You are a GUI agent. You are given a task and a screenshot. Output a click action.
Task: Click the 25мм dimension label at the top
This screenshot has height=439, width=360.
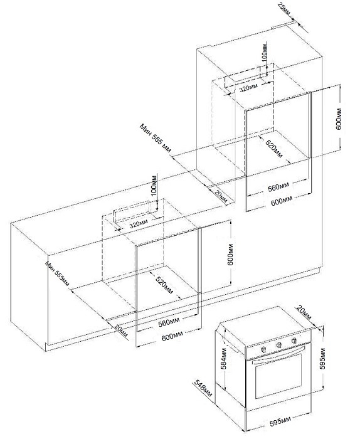click(286, 9)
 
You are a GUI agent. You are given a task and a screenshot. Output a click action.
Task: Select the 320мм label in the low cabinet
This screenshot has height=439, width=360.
click(138, 223)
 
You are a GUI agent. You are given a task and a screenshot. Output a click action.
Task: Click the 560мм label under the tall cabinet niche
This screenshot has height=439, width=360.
click(278, 188)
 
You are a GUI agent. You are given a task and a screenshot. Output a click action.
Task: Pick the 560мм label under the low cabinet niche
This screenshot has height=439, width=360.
click(168, 324)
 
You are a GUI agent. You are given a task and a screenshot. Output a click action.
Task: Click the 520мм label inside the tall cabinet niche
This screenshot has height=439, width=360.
click(272, 150)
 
